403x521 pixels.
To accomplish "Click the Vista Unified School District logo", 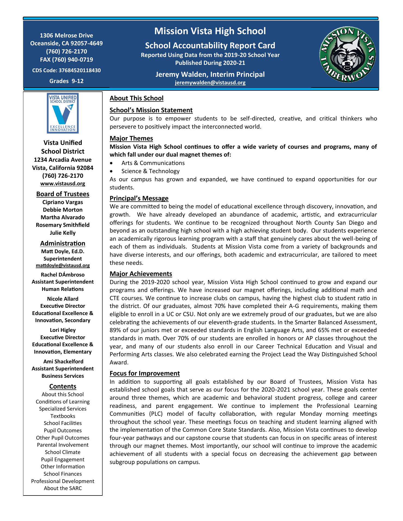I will pyautogui.click(x=63, y=113).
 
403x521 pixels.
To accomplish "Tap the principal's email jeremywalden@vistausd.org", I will pyautogui.click(x=210, y=83).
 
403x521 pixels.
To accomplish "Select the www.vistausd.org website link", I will pyautogui.click(x=63, y=184).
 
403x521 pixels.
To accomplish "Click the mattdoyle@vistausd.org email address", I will pyautogui.click(x=63, y=265).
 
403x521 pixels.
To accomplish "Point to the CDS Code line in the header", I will pyautogui.click(x=66, y=71).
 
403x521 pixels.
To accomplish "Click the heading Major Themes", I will pyautogui.click(x=131, y=138).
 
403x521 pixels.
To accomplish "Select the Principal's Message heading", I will pyautogui.click(x=139, y=198).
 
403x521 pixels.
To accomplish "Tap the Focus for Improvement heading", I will pyautogui.click(x=144, y=373).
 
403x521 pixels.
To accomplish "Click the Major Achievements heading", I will pyautogui.click(x=141, y=274).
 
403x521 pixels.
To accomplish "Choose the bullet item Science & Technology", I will pyautogui.click(x=150, y=171).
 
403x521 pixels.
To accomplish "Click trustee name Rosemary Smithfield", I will pyautogui.click(x=63, y=225).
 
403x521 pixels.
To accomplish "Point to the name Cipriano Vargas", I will pyautogui.click(x=63, y=202).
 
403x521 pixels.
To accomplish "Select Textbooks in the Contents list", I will pyautogui.click(x=63, y=416).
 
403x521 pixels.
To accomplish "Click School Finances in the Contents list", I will pyautogui.click(x=63, y=474).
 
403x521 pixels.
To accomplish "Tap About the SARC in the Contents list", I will pyautogui.click(x=63, y=488).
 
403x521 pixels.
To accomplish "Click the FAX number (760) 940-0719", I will pyautogui.click(x=66, y=60).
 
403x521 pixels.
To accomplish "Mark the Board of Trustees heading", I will pyautogui.click(x=63, y=194).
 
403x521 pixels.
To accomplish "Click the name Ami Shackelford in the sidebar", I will pyautogui.click(x=63, y=361).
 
